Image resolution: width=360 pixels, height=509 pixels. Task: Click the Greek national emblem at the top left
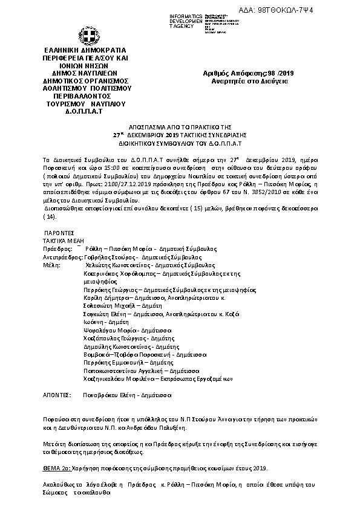click(x=83, y=30)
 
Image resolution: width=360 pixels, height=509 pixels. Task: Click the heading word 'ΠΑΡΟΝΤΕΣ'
click(x=59, y=232)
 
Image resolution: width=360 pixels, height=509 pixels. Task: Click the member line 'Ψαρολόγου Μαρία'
click(x=111, y=331)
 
